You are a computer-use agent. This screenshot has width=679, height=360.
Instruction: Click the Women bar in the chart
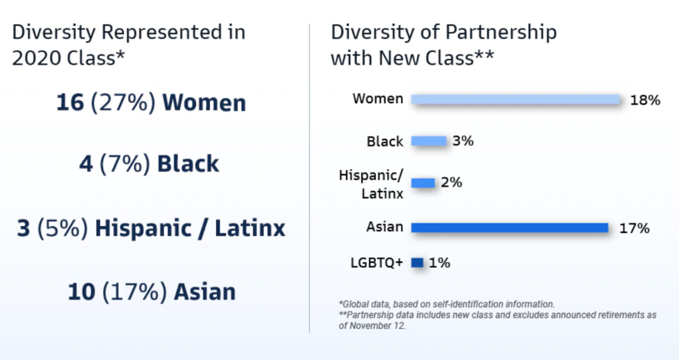click(516, 99)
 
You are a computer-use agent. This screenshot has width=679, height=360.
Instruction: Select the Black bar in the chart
click(428, 141)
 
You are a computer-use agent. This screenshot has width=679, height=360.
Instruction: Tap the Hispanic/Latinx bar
click(422, 183)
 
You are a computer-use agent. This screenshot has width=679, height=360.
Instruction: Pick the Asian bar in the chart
click(510, 227)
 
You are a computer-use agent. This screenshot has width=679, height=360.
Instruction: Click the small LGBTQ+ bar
click(417, 263)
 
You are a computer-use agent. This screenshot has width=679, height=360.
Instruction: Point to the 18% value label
click(645, 101)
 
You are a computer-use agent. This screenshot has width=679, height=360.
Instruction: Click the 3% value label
click(463, 141)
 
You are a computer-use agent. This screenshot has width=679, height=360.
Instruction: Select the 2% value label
click(451, 183)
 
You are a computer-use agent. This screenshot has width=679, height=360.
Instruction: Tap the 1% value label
click(439, 263)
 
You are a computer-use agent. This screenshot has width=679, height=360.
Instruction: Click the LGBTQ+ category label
click(377, 263)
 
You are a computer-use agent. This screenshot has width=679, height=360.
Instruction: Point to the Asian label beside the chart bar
click(385, 227)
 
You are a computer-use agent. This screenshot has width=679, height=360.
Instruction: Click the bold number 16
click(70, 102)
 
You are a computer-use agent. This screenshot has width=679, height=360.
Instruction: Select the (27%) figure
click(123, 102)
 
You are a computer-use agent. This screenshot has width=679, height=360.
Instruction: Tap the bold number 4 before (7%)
click(86, 163)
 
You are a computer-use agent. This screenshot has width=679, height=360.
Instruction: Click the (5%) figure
click(63, 228)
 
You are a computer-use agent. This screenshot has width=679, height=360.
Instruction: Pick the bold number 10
click(81, 292)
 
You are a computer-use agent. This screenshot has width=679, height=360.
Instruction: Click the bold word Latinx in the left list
click(250, 228)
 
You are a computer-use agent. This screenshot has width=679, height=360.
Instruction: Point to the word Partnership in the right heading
click(500, 33)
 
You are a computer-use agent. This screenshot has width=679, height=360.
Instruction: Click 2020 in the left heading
click(36, 58)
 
